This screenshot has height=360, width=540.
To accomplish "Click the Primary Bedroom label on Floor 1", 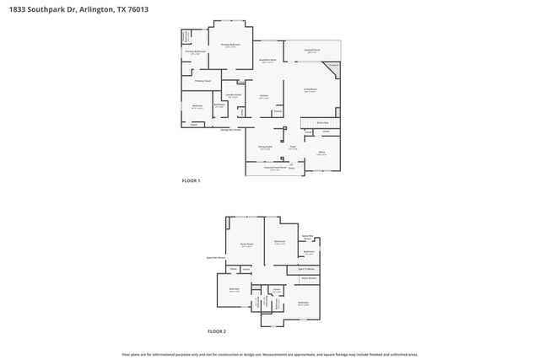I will [x=231, y=44].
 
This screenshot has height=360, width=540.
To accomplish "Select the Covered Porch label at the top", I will [x=311, y=51].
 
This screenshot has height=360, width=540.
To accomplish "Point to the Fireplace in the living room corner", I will [x=333, y=66].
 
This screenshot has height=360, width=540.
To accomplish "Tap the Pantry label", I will [x=277, y=110].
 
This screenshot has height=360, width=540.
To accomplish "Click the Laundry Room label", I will [x=233, y=95].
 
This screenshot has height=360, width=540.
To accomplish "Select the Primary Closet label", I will [x=202, y=81].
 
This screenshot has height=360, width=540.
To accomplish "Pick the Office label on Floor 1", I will [x=321, y=153].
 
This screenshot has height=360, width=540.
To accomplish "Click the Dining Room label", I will [x=265, y=148].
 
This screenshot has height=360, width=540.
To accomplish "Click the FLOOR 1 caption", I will [x=192, y=181].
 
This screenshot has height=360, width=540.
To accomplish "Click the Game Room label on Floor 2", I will [x=247, y=245].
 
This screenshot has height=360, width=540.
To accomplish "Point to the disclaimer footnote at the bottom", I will [x=270, y=354].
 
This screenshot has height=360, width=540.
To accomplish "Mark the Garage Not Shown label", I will [x=231, y=130].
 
